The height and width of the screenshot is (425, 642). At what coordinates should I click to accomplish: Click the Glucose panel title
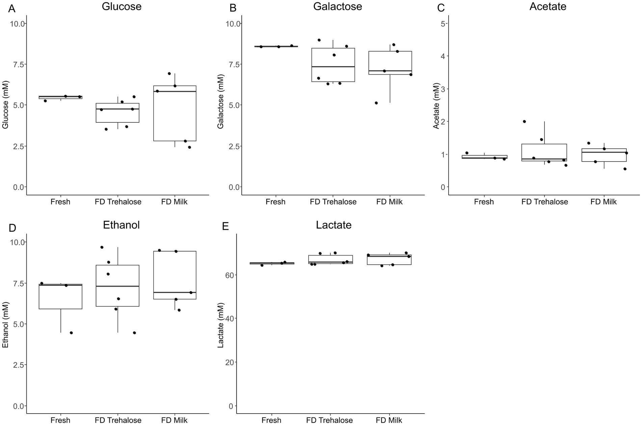(122, 6)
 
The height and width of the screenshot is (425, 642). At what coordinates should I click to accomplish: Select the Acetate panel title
(547, 6)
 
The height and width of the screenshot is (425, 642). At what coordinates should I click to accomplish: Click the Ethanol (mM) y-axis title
(5, 325)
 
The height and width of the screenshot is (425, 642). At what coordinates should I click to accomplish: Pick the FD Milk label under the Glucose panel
(174, 202)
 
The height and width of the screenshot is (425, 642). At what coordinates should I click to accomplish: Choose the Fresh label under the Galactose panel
(275, 202)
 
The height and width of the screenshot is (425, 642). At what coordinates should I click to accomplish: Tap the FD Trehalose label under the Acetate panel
(544, 202)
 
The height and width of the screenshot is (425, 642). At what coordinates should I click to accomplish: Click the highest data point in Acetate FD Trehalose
(524, 121)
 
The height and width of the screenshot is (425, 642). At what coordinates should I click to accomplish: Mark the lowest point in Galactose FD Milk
(376, 103)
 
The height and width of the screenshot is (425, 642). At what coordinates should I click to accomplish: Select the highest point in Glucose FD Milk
(169, 74)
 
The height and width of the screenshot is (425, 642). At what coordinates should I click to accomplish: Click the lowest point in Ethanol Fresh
(71, 333)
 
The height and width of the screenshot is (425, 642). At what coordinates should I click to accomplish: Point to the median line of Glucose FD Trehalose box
(117, 109)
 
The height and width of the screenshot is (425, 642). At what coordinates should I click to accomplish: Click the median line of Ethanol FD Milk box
(175, 292)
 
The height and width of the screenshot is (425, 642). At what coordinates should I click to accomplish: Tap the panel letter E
(225, 226)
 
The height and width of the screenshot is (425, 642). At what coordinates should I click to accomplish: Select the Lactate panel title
(333, 225)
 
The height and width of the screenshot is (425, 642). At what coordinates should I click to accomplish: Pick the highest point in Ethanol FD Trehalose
(102, 247)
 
